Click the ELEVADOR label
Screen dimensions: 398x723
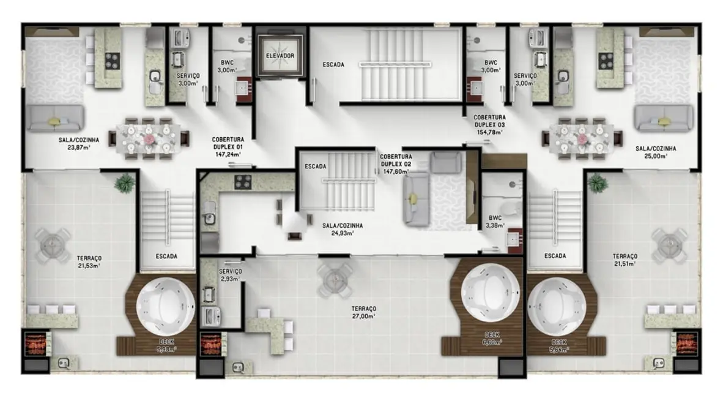click(x=280, y=56)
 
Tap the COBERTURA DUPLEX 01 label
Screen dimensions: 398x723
click(x=227, y=147)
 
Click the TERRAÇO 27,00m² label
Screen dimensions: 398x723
click(x=363, y=312)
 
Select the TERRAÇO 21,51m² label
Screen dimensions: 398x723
click(x=625, y=260)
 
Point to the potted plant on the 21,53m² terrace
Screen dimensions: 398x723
click(x=125, y=182)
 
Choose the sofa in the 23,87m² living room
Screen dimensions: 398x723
click(x=54, y=119)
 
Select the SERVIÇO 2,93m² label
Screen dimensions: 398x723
click(x=230, y=274)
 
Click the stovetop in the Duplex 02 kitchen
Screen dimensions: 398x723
click(x=243, y=181)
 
